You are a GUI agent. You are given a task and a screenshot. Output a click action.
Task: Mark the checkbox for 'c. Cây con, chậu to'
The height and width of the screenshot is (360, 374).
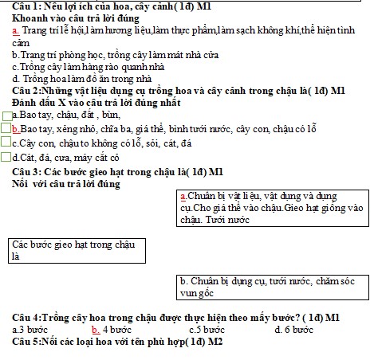(6, 143)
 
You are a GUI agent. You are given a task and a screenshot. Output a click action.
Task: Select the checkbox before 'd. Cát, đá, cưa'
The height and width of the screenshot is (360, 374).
(6, 157)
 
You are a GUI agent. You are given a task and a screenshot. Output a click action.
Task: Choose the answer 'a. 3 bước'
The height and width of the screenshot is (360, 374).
(26, 329)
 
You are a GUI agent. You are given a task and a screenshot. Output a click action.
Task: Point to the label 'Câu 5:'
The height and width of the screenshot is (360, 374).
(17, 341)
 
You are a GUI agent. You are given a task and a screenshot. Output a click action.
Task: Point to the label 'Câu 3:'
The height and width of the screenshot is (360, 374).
(17, 171)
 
